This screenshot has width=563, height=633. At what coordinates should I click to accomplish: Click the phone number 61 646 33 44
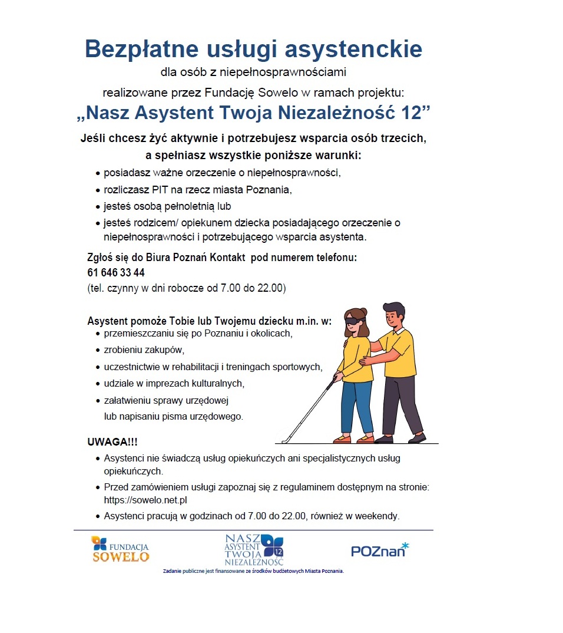pyautogui.click(x=116, y=273)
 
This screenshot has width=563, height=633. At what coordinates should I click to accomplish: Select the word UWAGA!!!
pyautogui.click(x=112, y=442)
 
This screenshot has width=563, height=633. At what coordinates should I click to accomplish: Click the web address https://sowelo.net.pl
pyautogui.click(x=145, y=500)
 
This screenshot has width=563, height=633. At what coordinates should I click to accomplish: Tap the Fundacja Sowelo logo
pyautogui.click(x=120, y=549)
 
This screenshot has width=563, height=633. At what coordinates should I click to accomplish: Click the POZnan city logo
pyautogui.click(x=379, y=550)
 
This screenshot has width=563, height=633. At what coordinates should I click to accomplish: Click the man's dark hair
pyautogui.click(x=393, y=309)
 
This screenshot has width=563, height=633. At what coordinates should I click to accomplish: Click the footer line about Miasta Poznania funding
pyautogui.click(x=253, y=571)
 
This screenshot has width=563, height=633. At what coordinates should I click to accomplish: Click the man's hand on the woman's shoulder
pyautogui.click(x=347, y=344)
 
